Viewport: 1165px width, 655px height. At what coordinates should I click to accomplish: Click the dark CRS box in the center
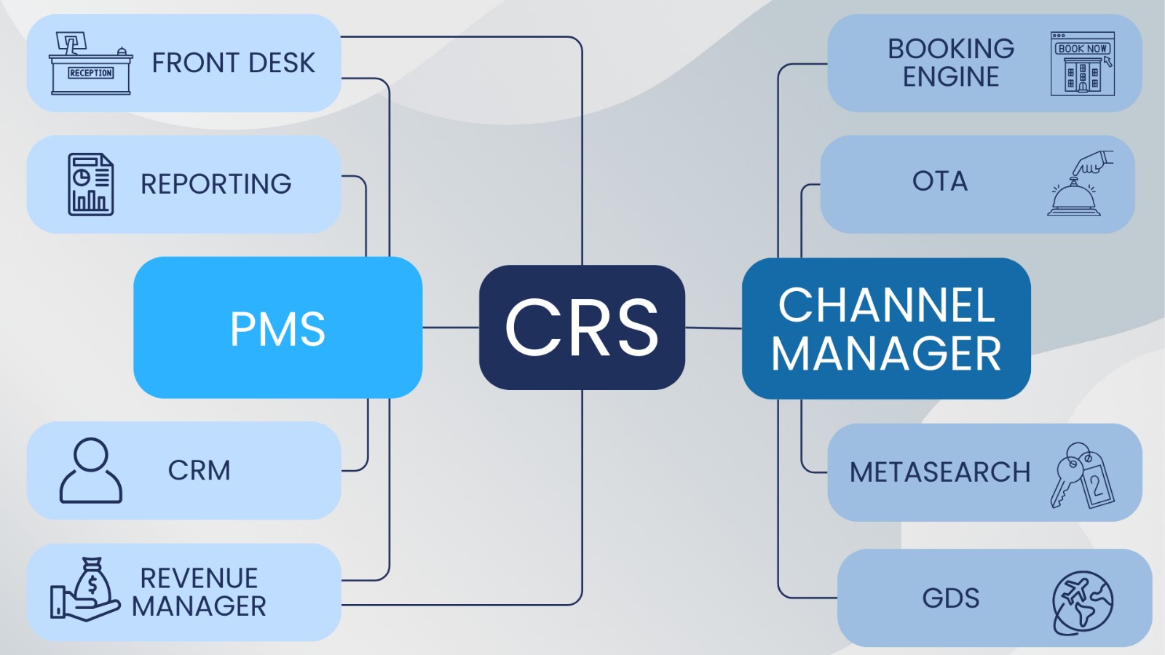click(x=582, y=327)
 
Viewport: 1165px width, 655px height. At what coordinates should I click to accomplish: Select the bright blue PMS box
click(x=277, y=327)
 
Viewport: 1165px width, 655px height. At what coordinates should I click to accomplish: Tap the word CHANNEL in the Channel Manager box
click(x=886, y=305)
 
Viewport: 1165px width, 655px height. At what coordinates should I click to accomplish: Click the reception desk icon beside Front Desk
click(x=90, y=63)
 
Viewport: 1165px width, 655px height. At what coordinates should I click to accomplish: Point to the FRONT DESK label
click(x=233, y=63)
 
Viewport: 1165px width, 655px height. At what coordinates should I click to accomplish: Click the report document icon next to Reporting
click(x=90, y=184)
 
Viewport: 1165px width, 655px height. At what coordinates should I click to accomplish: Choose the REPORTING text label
click(x=216, y=184)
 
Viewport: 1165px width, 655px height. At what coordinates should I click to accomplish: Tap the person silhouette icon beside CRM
click(x=91, y=470)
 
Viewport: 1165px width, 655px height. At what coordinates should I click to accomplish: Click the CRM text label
click(x=199, y=470)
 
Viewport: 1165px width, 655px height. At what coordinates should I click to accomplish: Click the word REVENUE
click(x=199, y=578)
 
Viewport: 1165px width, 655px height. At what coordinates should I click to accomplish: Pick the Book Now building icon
click(x=1082, y=64)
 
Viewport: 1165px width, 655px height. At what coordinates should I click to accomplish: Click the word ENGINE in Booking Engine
click(x=951, y=76)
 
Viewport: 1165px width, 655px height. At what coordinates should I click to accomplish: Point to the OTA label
click(x=940, y=181)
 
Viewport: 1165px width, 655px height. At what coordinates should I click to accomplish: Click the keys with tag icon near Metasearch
click(x=1082, y=475)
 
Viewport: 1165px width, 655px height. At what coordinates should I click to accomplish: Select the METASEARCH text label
click(x=940, y=472)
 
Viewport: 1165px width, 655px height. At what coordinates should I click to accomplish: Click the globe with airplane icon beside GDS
click(x=1082, y=603)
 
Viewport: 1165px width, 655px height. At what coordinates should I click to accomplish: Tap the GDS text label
click(x=951, y=598)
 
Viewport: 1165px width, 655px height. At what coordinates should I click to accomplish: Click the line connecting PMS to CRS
click(x=451, y=327)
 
